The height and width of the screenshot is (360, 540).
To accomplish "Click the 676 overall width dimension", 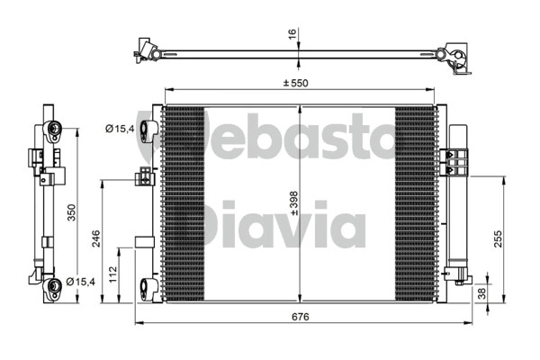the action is click(x=301, y=316).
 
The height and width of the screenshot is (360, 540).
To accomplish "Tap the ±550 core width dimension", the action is click(x=296, y=83).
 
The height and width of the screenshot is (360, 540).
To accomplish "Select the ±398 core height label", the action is click(x=294, y=203).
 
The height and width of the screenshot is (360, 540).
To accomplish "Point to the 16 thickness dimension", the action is click(x=292, y=34).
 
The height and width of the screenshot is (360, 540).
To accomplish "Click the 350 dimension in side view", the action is click(x=71, y=212).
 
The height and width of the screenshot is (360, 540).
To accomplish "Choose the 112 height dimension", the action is click(x=113, y=274).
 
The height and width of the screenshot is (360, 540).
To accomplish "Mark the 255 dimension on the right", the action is click(x=499, y=238).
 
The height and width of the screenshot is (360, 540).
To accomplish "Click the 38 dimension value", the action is click(x=482, y=293).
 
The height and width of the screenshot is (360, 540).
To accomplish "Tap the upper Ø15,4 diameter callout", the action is click(x=120, y=129).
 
